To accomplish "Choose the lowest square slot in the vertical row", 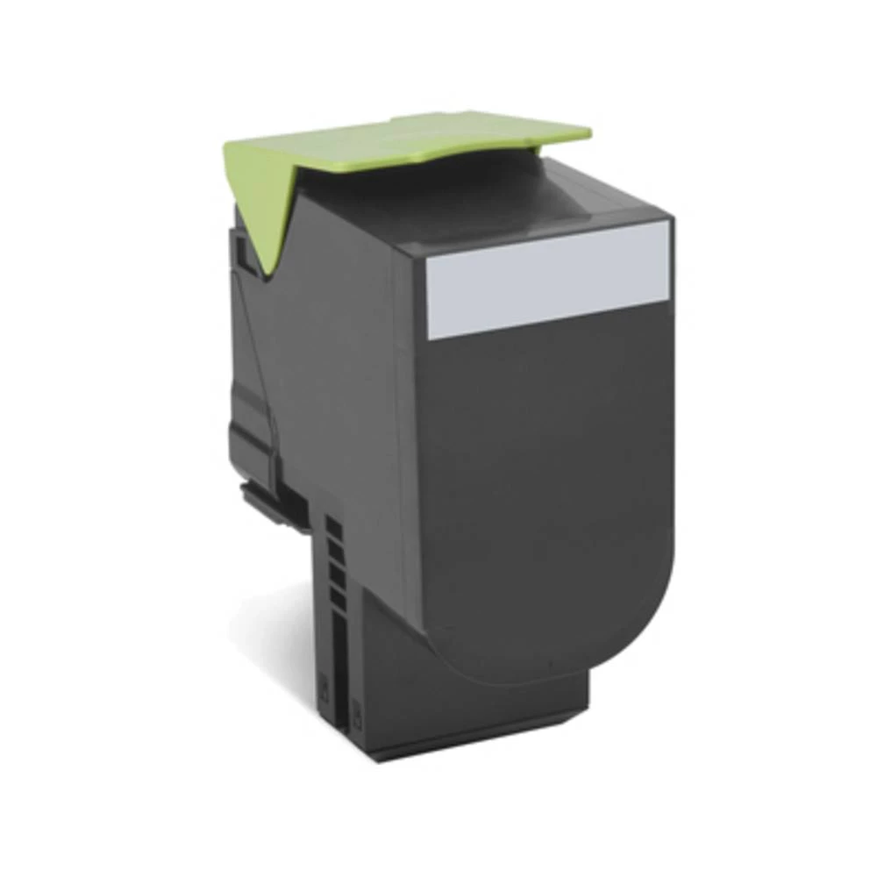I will click(x=336, y=597).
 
